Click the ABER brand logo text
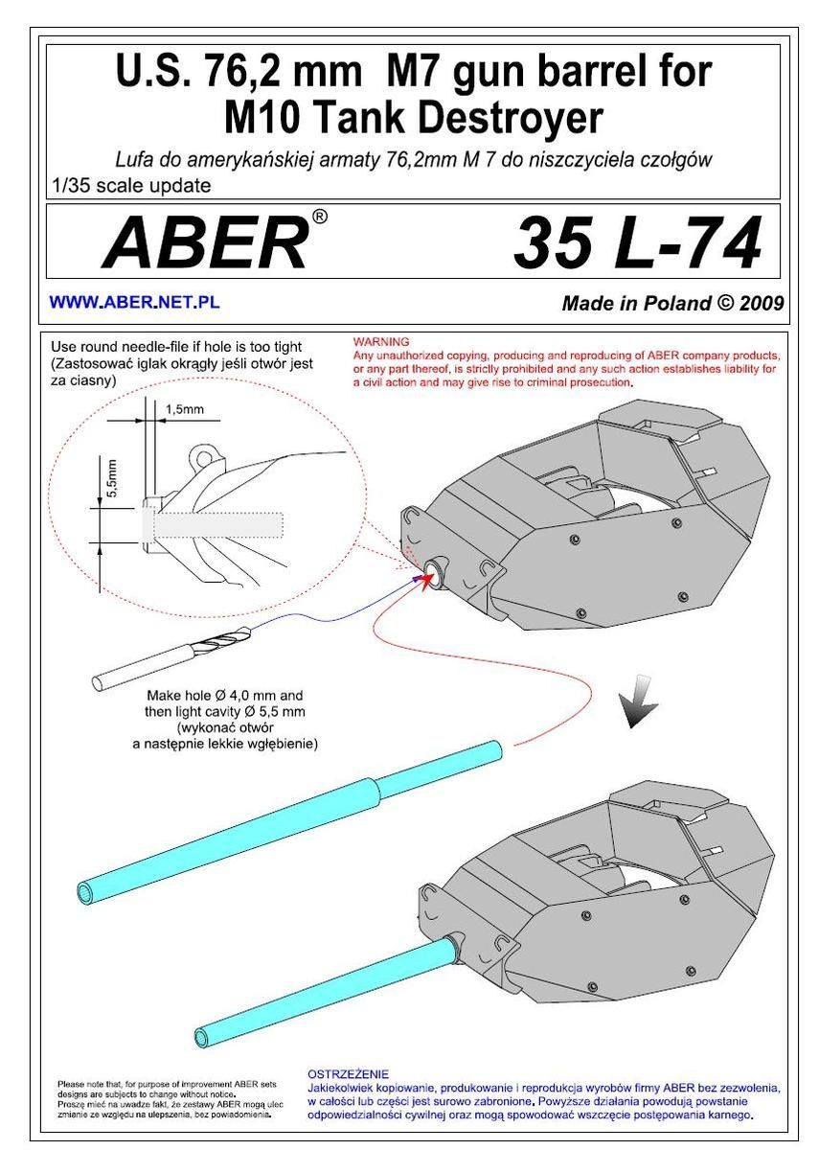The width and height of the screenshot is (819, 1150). [x=205, y=242]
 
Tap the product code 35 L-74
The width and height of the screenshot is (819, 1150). [x=637, y=243]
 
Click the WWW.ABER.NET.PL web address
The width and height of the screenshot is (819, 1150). [x=134, y=302]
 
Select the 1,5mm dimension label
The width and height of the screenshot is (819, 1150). [x=184, y=410]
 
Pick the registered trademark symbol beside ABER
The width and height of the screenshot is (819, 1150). [x=319, y=218]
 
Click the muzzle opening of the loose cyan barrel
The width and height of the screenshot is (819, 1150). [x=85, y=892]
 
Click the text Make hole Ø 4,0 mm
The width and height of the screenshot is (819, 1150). [x=225, y=695]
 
